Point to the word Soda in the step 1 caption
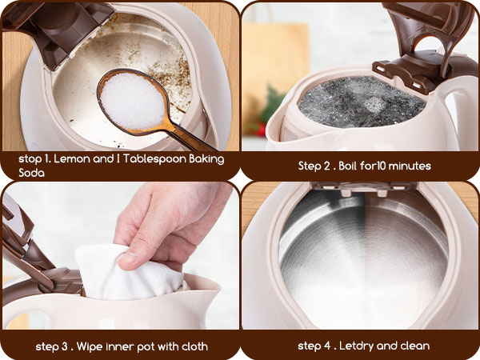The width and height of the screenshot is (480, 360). point(32,171)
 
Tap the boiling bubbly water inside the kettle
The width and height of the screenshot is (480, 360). point(360,102)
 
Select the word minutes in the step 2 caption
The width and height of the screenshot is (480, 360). point(408,166)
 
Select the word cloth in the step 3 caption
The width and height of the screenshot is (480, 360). point(193,346)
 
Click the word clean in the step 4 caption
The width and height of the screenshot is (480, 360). point(414,346)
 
